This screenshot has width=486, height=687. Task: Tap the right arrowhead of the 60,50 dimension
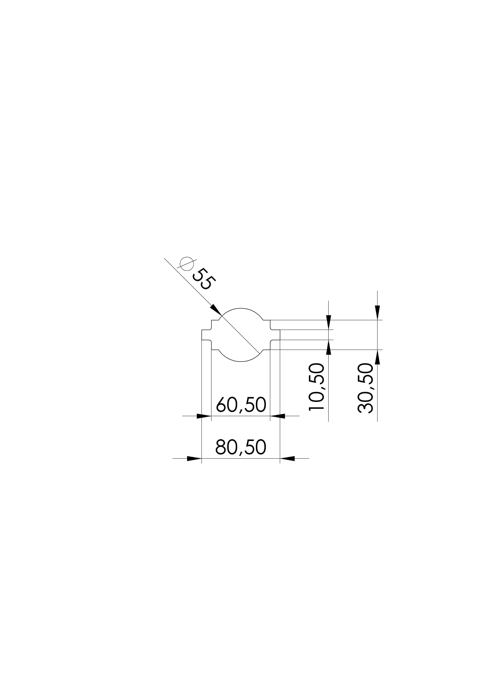tap(277, 416)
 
